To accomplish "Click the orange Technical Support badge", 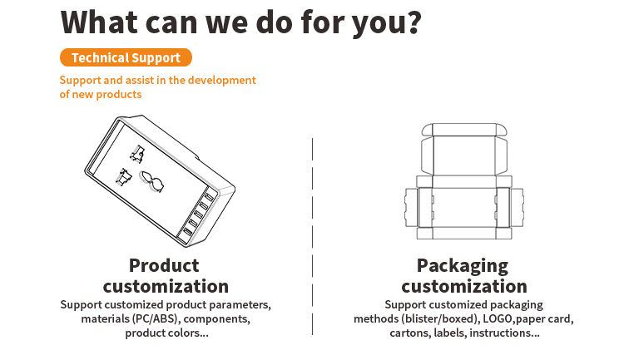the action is (x=126, y=57).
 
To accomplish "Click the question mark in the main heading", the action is (x=414, y=22).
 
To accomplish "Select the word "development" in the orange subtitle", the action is (x=221, y=81).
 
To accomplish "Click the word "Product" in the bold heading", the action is (x=164, y=265).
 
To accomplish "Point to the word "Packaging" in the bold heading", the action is (x=463, y=266).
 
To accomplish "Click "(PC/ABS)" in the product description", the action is (x=156, y=319).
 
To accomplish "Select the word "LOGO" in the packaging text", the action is (x=497, y=318).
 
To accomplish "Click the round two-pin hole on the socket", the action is (x=151, y=181).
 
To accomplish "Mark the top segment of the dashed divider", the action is (x=312, y=149).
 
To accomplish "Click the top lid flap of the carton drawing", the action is (x=464, y=130).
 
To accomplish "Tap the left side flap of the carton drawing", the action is (x=411, y=207).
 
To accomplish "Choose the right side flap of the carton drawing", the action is (x=517, y=207).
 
